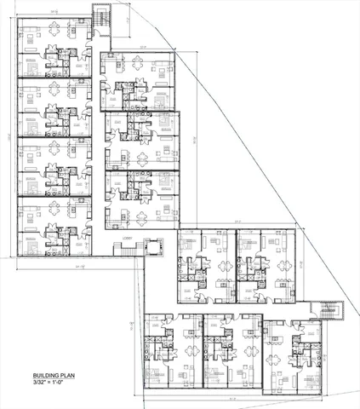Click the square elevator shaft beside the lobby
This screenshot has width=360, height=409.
click(154, 246)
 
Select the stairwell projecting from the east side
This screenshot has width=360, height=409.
click(326, 311)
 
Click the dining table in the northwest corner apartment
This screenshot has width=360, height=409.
click(55, 35)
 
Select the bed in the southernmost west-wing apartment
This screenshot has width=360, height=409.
click(31, 244)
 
